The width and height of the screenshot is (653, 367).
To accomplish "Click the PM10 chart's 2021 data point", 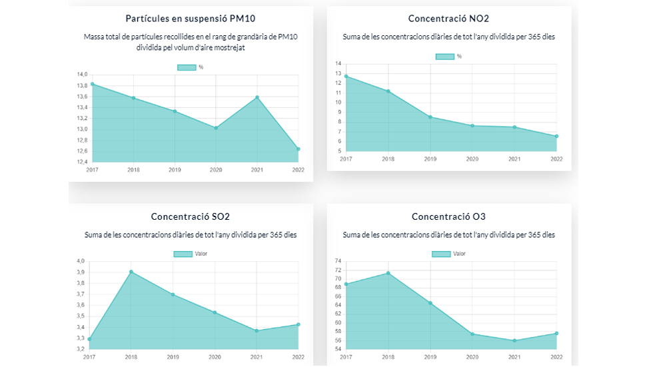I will coord(257,97).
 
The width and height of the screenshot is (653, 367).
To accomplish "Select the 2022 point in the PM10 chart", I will coord(299,149).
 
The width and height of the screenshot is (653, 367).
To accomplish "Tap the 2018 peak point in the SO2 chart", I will coord(131,272).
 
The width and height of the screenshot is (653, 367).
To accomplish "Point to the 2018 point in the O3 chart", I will coord(388,273).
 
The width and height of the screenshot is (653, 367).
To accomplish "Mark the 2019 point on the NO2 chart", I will coord(430,117).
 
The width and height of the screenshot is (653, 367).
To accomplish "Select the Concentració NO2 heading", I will coord(448,18).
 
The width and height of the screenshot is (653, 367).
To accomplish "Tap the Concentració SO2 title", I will coord(191,216).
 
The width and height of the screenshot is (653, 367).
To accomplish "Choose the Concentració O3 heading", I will coord(448,216).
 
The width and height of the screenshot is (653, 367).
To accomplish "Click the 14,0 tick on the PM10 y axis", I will coord(82,75).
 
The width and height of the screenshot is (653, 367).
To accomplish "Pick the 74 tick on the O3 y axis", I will coord(338,261).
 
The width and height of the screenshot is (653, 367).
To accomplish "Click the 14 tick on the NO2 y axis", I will coord(338,64).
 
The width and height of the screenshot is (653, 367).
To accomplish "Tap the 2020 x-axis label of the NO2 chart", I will coord(472,159).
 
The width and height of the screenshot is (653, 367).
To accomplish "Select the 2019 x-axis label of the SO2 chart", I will coord(173,357).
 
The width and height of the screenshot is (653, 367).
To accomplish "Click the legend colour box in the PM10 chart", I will coord(186,67).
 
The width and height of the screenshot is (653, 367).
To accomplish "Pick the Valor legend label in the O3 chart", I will coord(460,254).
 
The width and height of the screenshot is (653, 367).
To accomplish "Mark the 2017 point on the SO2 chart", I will coord(89,339).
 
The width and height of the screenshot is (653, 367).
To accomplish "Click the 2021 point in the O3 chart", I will coord(514,340).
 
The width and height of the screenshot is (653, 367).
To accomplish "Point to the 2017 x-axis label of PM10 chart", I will coord(92,170).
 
